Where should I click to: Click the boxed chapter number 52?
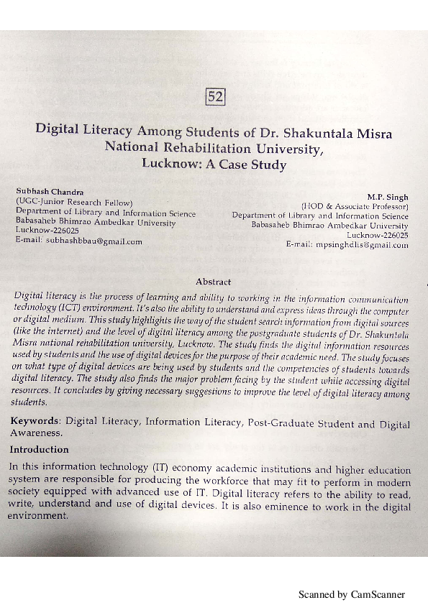(x=216, y=96)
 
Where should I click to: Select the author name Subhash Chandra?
(x=49, y=192)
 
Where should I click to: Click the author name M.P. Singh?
(x=387, y=196)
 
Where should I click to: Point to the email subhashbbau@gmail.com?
(x=94, y=241)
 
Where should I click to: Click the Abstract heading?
(x=213, y=282)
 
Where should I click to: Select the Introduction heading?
(x=39, y=450)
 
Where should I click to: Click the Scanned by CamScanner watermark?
(x=352, y=594)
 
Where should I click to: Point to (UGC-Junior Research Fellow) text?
(x=74, y=202)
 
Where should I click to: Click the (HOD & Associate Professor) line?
(x=355, y=205)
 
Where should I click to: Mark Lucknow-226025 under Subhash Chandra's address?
(x=47, y=231)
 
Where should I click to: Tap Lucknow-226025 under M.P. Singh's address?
(x=378, y=235)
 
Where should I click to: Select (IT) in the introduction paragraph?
(x=176, y=468)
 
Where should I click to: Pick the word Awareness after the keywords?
(x=36, y=433)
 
